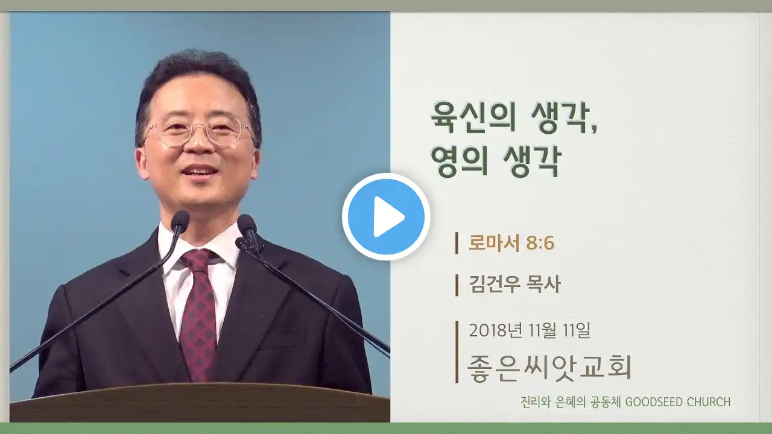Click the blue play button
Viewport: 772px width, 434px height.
[386, 217]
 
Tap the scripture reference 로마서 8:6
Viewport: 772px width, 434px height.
[511, 243]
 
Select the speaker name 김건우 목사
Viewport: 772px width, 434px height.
[515, 285]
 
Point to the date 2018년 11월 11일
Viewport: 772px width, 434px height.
[530, 330]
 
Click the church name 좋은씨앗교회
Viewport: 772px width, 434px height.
[549, 368]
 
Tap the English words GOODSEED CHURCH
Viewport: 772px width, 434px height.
[677, 402]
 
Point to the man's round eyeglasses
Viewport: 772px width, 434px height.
[198, 130]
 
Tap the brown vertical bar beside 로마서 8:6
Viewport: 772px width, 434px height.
[457, 243]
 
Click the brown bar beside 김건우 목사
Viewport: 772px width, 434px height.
[457, 285]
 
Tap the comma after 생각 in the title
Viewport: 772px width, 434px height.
[593, 128]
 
